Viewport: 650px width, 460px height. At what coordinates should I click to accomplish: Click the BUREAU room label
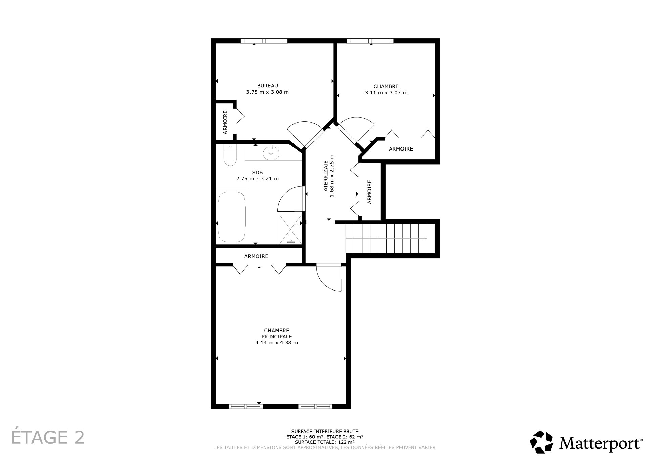267,86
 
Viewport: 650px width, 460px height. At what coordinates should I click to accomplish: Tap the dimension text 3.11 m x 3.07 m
386,92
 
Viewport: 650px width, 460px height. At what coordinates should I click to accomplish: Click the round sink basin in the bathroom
271,153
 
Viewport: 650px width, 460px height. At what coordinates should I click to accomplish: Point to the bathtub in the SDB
232,217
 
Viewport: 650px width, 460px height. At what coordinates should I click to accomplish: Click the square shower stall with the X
290,229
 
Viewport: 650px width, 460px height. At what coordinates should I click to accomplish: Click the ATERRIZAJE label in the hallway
326,176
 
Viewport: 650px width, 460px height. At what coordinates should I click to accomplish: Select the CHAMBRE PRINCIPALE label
277,333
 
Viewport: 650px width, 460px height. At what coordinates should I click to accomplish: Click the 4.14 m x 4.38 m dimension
277,343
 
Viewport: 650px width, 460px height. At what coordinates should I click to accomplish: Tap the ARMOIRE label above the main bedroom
256,256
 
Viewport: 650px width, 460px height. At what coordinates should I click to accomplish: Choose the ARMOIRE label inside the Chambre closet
401,149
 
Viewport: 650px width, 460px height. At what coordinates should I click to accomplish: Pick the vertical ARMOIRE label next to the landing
369,192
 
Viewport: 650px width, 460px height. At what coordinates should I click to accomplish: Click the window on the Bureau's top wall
264,41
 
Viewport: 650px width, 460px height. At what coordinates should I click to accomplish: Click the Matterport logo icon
541,442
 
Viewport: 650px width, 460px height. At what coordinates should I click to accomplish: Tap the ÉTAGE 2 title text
48,437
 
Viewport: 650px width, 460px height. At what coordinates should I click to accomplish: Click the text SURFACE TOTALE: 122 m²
325,442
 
